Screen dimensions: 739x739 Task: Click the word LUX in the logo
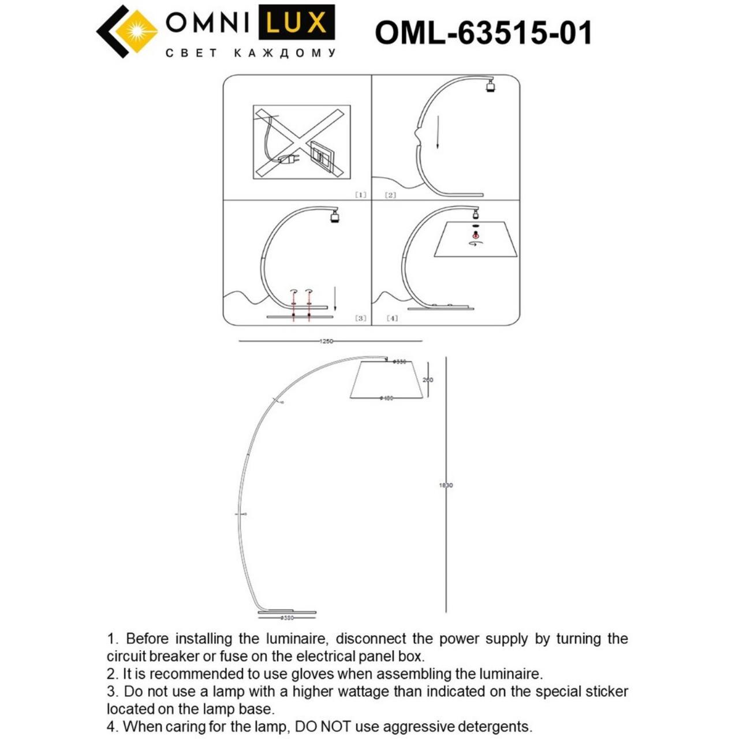pyautogui.click(x=297, y=23)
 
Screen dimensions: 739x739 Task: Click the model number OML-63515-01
pyautogui.click(x=484, y=32)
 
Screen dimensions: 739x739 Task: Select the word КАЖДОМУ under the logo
pyautogui.click(x=285, y=54)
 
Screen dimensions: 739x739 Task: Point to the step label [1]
pyautogui.click(x=360, y=195)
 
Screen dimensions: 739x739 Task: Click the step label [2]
pyautogui.click(x=390, y=195)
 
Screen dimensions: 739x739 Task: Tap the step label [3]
pyautogui.click(x=360, y=318)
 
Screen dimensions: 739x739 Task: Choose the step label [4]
pyautogui.click(x=392, y=318)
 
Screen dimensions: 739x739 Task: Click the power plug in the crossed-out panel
pyautogui.click(x=286, y=159)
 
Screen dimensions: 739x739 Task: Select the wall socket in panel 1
pyautogui.click(x=319, y=155)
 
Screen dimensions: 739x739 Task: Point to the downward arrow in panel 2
pyautogui.click(x=438, y=133)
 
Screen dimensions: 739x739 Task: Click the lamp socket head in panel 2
pyautogui.click(x=490, y=87)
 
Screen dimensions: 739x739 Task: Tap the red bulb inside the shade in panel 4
pyautogui.click(x=475, y=234)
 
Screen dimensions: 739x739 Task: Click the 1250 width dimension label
pyautogui.click(x=326, y=341)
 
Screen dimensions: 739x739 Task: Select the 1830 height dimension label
pyautogui.click(x=446, y=486)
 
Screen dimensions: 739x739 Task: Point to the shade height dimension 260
pyautogui.click(x=427, y=380)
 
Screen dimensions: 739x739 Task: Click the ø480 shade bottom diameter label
pyautogui.click(x=386, y=398)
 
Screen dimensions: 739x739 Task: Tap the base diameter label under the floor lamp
pyautogui.click(x=287, y=618)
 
